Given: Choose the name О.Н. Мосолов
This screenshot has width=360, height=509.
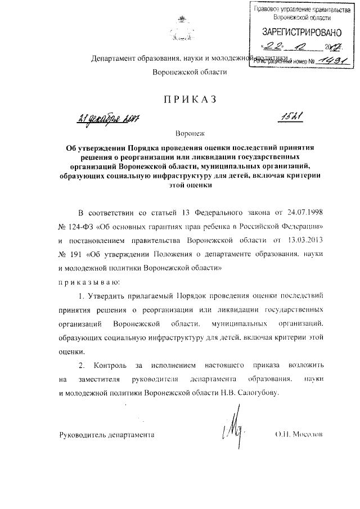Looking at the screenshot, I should click(299, 435).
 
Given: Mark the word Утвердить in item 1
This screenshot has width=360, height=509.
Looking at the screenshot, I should click(106, 295).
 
